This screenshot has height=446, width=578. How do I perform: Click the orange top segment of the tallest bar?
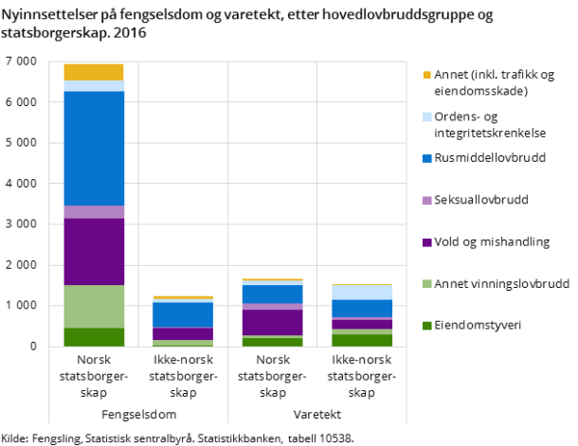[x=93, y=72]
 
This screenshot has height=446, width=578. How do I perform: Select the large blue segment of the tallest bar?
[x=93, y=148]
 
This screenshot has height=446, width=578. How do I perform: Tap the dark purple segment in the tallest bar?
[x=93, y=251]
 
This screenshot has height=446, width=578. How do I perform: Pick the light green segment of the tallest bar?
[x=93, y=306]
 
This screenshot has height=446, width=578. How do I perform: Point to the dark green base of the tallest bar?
[x=93, y=337]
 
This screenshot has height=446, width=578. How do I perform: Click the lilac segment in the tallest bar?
[x=93, y=212]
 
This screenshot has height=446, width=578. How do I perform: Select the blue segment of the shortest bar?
[x=183, y=314]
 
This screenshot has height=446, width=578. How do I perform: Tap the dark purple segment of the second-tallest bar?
[x=273, y=322]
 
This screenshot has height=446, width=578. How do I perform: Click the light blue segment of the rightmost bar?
[x=362, y=293]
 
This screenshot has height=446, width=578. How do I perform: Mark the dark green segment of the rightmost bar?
[x=362, y=340]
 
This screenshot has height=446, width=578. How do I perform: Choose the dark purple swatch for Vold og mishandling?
[x=427, y=242]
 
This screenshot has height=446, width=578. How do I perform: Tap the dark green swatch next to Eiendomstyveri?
[x=427, y=326]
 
